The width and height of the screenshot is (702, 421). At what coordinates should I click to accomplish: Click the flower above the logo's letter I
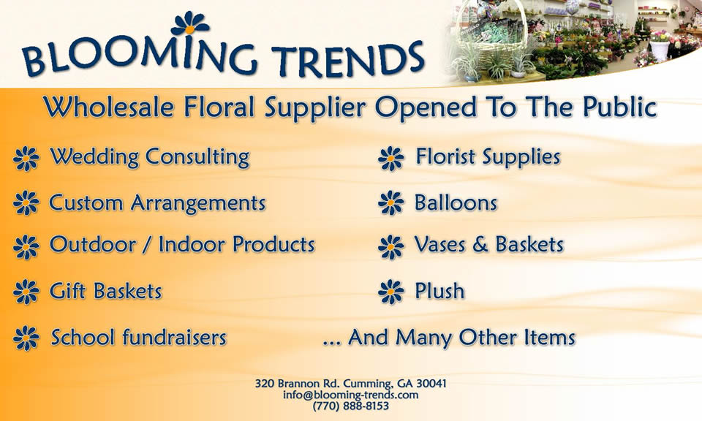pos(190,23)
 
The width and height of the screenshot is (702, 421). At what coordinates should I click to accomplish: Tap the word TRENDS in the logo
pos(347,59)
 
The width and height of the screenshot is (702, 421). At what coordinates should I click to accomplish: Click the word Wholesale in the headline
pos(109,107)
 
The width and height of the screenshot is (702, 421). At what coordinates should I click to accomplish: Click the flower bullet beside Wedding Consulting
pos(26,159)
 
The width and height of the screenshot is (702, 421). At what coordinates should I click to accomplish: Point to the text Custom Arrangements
pos(157,203)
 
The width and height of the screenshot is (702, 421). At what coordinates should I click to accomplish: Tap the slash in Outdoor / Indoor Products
pos(147,245)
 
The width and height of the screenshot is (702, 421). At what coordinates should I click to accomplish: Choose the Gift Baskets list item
pos(105,291)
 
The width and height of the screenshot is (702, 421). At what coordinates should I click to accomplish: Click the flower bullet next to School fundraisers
pos(26,338)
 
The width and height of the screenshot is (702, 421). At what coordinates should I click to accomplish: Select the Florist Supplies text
pos(488,157)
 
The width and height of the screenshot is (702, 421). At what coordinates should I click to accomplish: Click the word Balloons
pos(456,202)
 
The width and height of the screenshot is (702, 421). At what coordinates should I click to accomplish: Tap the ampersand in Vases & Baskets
pos(480,245)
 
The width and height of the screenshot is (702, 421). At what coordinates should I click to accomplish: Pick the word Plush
pos(439,291)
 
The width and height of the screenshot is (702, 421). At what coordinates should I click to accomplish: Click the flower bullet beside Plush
pos(390,292)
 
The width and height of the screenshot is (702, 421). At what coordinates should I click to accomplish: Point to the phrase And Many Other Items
pos(461,338)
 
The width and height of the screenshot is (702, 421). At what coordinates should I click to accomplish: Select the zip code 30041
pos(431,384)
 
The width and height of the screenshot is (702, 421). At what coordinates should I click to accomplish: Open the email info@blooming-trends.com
pos(350,395)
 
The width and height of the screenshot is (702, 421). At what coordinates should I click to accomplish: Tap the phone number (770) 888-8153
pos(350,406)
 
